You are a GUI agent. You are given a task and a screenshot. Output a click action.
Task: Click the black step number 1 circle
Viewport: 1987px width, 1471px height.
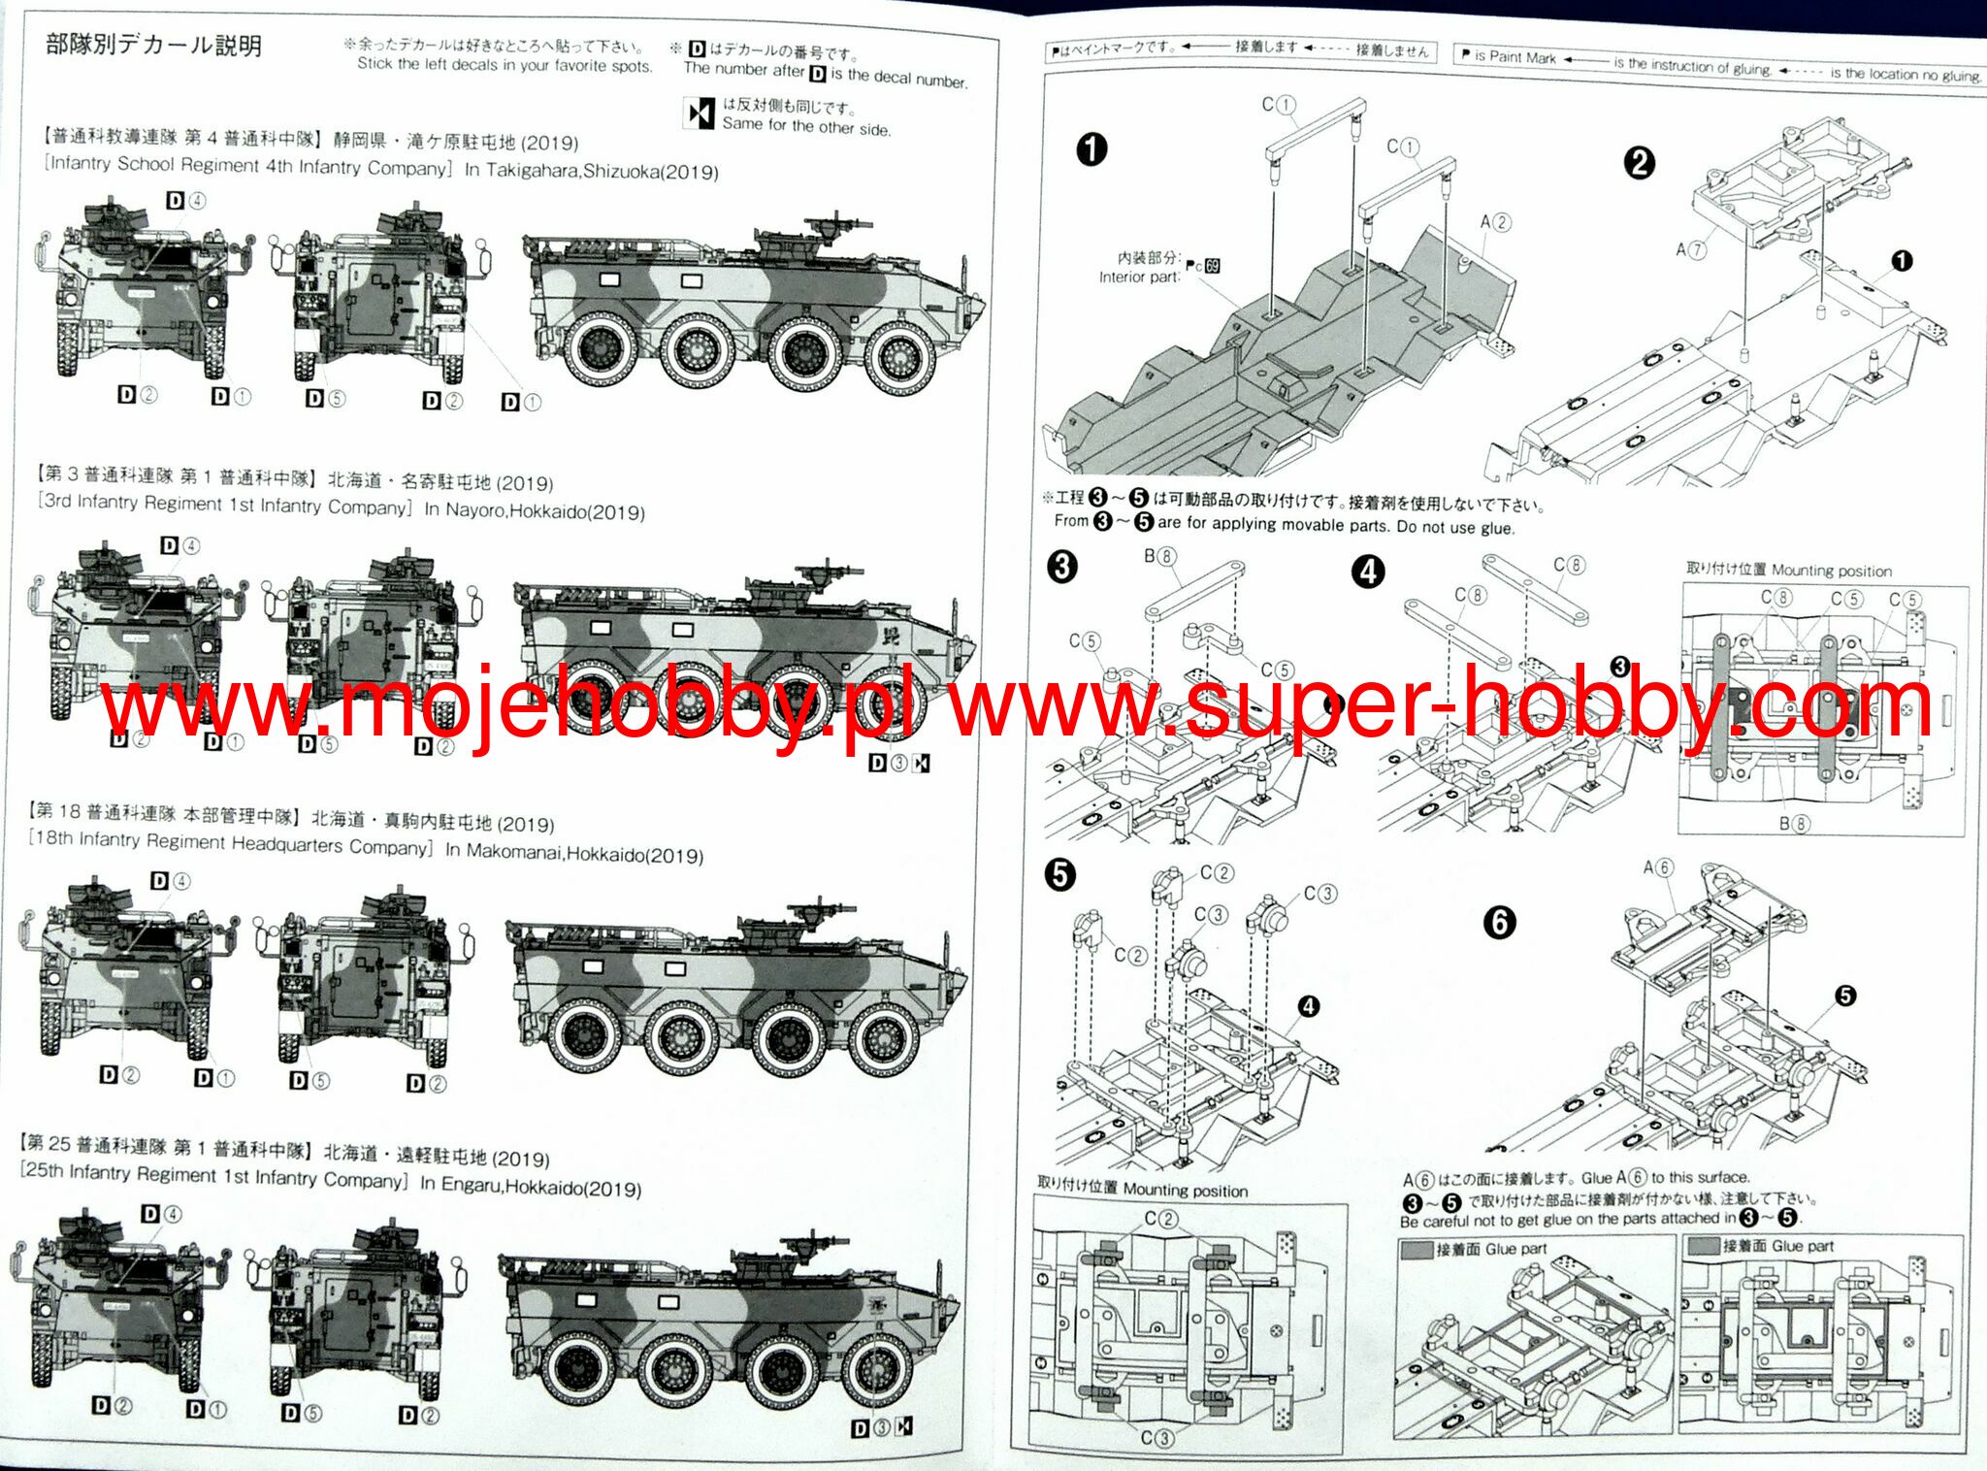coord(1091,149)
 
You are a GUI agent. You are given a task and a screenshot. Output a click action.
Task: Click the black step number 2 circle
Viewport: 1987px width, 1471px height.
coord(1639,162)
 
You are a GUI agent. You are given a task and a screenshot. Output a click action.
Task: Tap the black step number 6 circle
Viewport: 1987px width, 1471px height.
coord(1499,922)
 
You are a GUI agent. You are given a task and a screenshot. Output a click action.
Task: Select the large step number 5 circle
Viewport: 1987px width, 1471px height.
coord(1059,874)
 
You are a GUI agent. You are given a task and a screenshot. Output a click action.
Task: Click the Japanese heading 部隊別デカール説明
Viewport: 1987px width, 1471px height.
coord(153,45)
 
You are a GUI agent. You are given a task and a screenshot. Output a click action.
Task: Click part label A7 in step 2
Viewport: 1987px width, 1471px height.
coord(1690,249)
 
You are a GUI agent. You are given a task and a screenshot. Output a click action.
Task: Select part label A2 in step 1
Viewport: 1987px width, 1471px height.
coord(1495,222)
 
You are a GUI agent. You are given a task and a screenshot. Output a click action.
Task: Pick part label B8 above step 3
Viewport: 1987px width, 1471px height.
coord(1159,556)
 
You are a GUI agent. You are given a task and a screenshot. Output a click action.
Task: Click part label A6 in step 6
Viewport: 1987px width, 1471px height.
coord(1658,867)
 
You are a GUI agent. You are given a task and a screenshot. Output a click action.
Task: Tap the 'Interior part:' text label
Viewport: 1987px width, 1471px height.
coord(1139,278)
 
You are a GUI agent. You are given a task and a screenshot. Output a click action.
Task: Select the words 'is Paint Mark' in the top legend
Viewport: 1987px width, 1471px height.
coord(1515,57)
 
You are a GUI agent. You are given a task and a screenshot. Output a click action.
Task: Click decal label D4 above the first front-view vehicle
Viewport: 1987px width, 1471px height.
coord(186,201)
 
